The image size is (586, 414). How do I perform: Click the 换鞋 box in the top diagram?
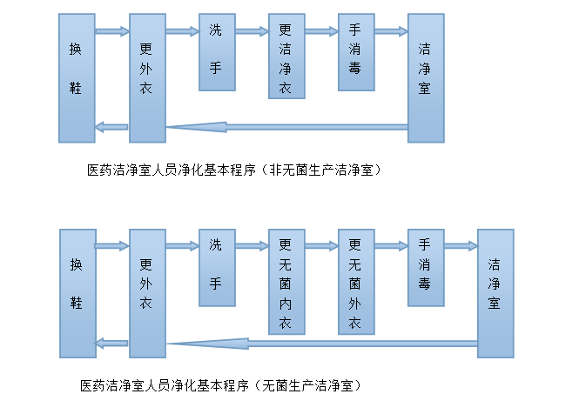77,78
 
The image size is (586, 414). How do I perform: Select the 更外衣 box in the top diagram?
147,78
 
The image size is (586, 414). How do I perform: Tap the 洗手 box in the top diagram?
217,52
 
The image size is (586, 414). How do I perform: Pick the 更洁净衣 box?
286,56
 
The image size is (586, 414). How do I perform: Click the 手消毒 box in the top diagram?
356,52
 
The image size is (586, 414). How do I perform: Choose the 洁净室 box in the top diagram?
426,78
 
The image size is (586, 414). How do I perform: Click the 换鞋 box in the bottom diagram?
77,293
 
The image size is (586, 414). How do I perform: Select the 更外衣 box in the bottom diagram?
147,293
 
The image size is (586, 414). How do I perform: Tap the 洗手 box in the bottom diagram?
217,268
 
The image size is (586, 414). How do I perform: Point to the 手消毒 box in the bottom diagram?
426,268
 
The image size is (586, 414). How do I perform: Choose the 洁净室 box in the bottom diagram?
495,293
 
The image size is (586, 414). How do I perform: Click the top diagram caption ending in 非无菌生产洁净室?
235,170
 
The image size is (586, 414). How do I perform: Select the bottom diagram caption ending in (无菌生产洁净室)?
222,384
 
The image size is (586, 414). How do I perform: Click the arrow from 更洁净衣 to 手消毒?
321,32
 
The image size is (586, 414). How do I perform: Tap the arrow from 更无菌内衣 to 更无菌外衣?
321,247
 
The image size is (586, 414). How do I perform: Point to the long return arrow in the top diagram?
287,127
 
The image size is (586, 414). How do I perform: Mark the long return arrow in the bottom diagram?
322,343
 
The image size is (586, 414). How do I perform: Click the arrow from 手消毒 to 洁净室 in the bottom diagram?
461,247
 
